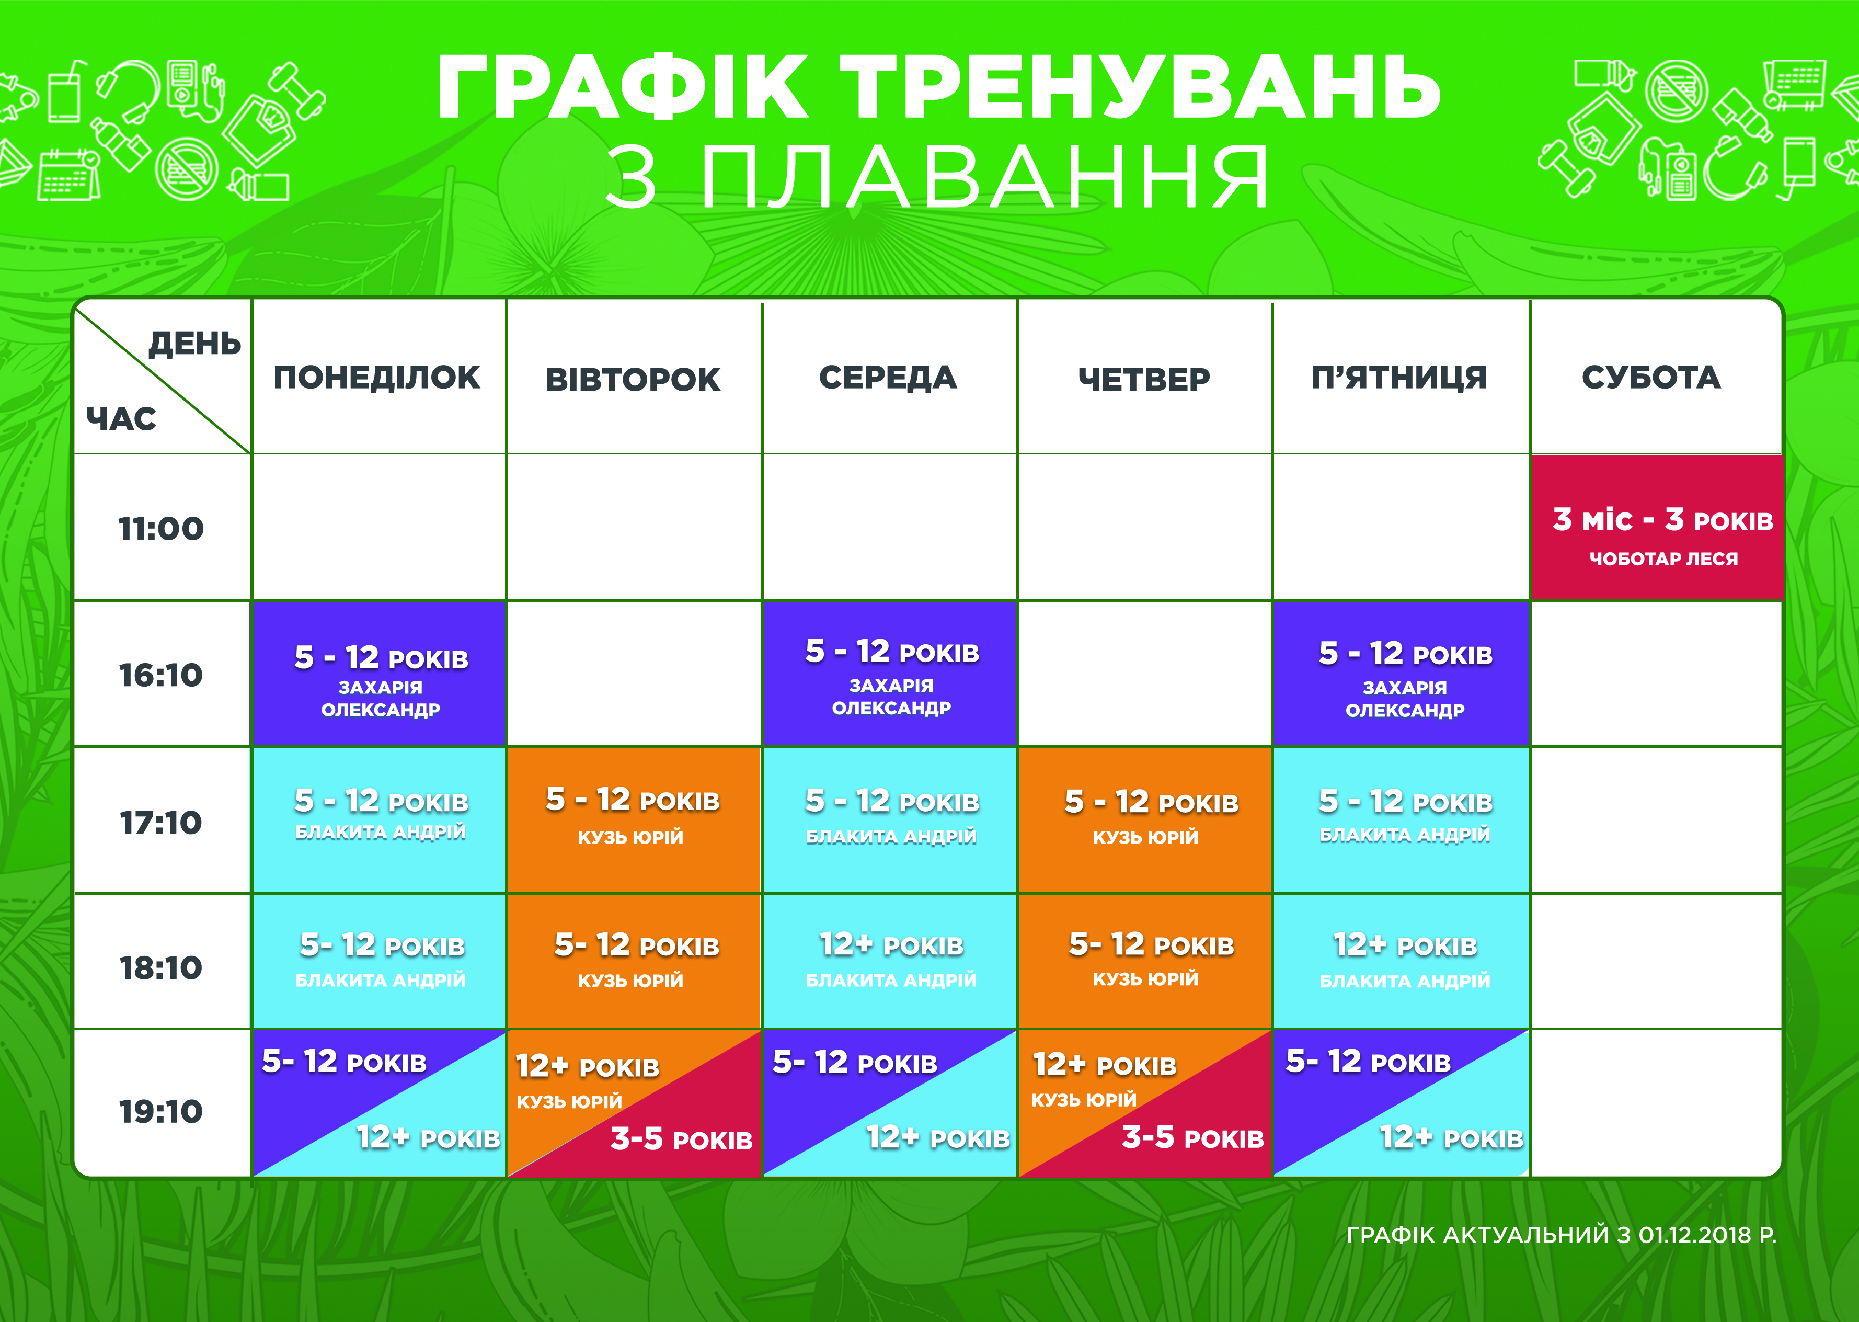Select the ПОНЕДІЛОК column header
377,378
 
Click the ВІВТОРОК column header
633,379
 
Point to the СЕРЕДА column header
888,378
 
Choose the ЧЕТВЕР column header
1144,379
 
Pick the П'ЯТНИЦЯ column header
1399,378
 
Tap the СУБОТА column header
1651,378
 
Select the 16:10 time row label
161,675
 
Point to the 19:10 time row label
161,1111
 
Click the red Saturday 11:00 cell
1657,528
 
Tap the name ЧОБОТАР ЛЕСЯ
1664,559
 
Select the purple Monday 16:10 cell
379,673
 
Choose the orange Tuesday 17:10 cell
634,820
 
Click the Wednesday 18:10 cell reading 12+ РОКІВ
890,961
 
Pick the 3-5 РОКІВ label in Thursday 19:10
1192,1137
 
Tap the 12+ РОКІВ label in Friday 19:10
1451,1137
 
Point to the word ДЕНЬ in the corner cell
194,344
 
